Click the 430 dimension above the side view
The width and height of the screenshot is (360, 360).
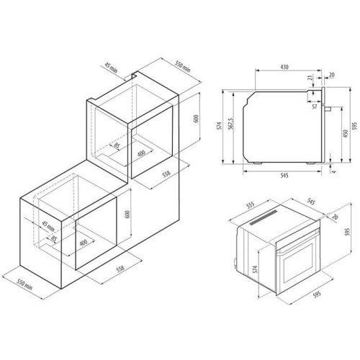284,67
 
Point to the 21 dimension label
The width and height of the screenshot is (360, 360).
310,78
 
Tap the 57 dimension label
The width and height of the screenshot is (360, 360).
315,107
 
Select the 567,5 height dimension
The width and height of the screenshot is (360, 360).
231,124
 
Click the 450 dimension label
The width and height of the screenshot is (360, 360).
346,134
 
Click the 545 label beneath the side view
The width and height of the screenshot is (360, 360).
284,176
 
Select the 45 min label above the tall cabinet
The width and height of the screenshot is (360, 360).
111,68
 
